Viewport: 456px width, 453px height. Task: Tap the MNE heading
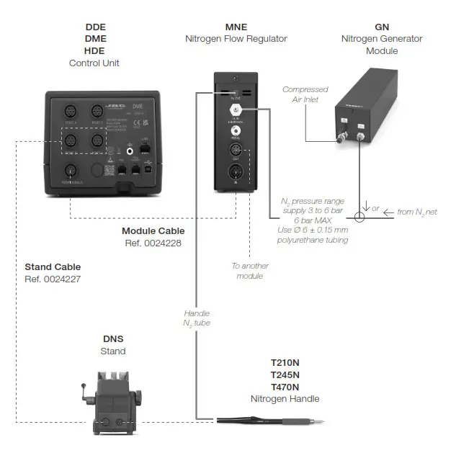236,27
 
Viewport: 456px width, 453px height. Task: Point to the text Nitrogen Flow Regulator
236,39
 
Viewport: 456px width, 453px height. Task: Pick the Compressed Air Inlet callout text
305,94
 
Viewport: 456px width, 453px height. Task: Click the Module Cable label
153,231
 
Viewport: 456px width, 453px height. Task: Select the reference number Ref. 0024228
153,243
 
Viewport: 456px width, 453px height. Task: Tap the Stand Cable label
54,266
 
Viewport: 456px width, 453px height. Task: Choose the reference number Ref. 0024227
54,278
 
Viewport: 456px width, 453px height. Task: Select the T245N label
285,374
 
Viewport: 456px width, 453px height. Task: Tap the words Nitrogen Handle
285,398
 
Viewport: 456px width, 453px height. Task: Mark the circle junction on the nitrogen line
360,216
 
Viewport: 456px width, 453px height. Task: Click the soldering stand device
112,403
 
